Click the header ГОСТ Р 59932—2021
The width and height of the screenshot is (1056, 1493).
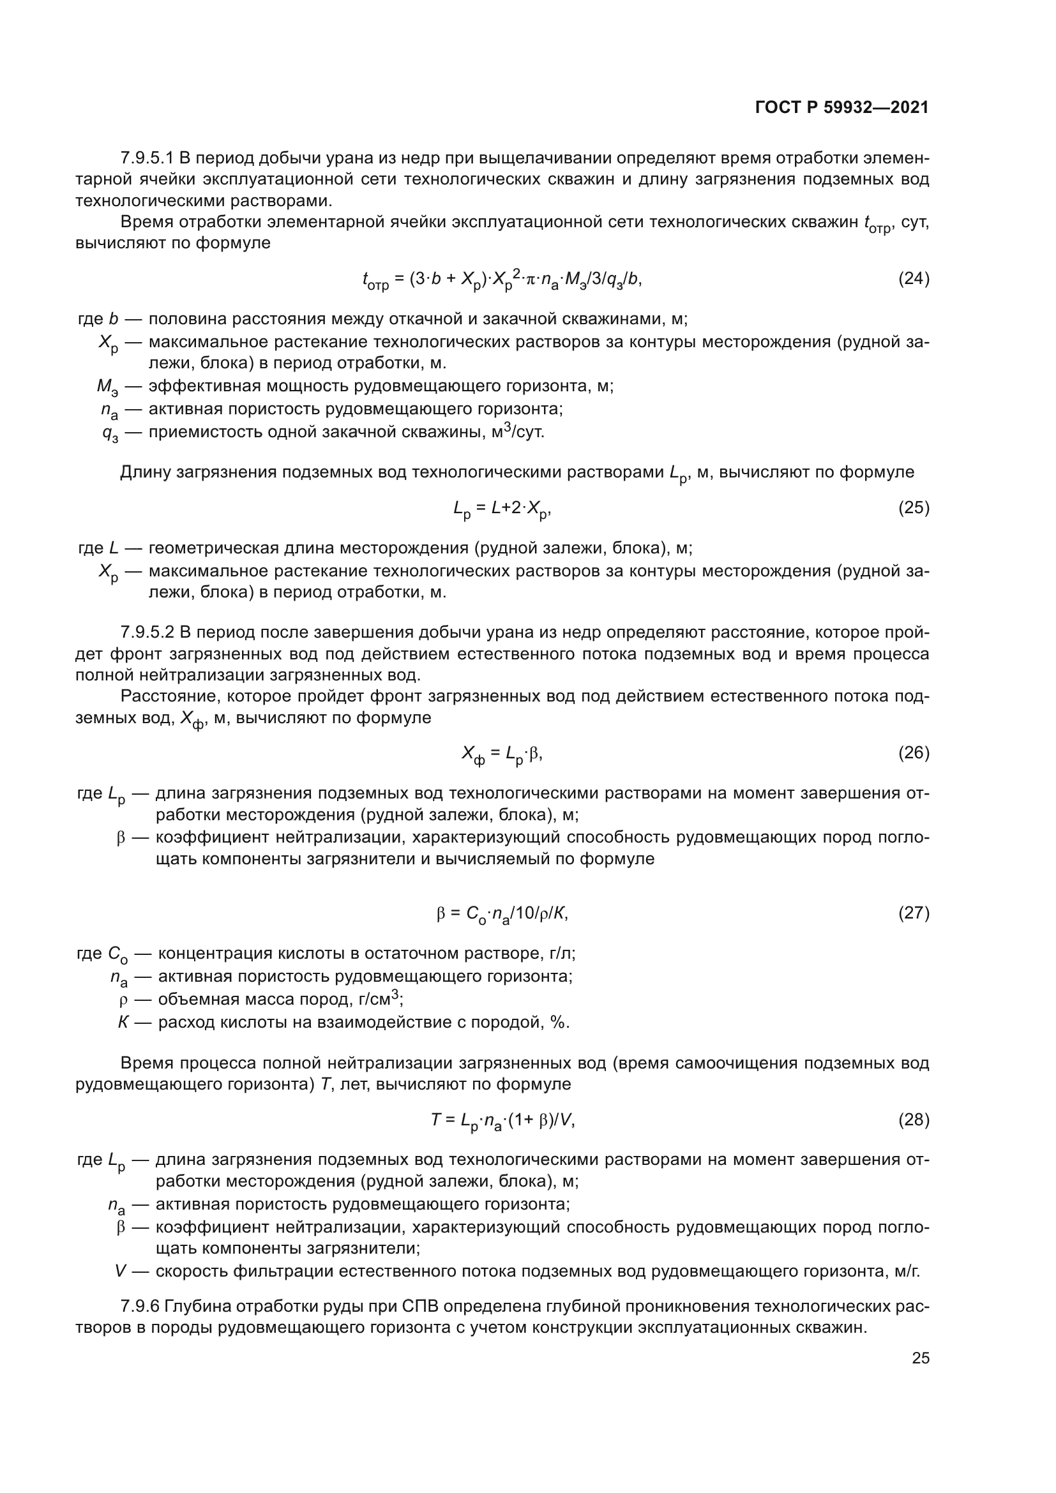842,107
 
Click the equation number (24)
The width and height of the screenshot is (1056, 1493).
914,279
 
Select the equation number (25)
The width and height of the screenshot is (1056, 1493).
914,508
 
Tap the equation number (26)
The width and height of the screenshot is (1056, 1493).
914,753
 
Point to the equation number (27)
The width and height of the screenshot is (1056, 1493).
914,913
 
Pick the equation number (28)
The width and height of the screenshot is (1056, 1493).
914,1120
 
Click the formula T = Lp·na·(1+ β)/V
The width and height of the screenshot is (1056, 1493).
502,1120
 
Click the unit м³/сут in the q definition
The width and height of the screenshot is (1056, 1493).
518,431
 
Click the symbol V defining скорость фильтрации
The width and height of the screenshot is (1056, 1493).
120,1271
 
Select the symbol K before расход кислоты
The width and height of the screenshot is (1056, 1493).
123,1022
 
